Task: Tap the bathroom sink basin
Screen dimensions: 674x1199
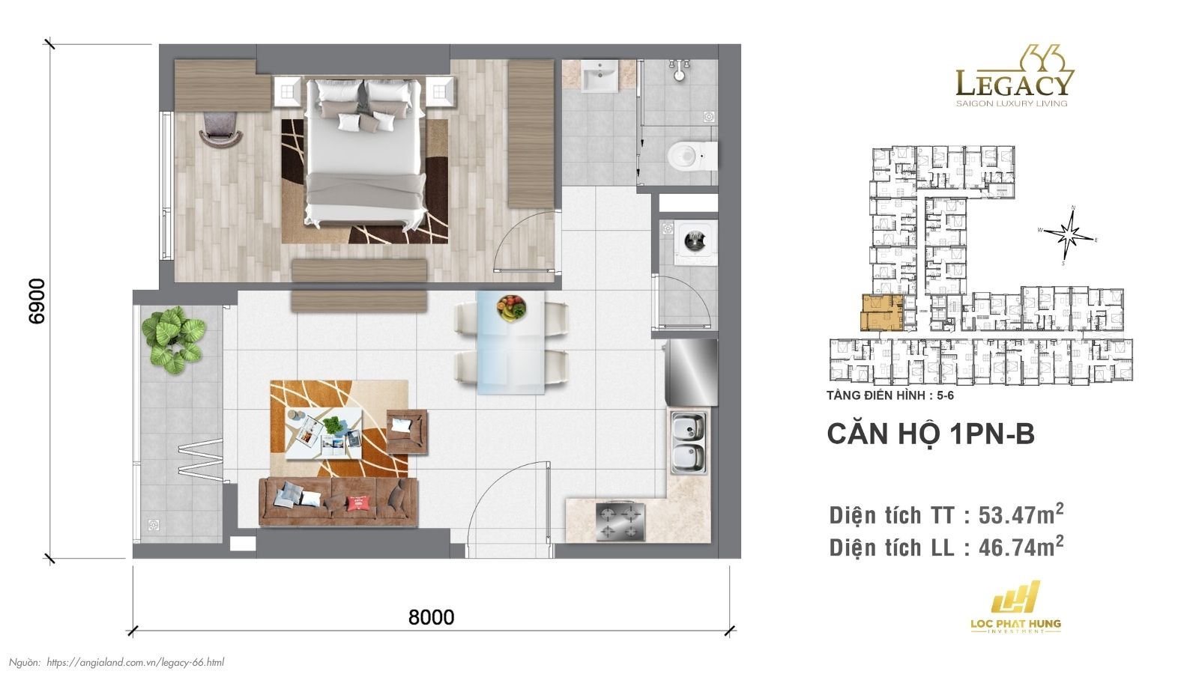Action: point(599,75)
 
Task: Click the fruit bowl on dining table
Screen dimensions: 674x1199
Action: point(511,307)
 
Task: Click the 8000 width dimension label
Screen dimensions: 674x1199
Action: point(431,617)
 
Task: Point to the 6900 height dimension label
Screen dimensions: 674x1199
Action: point(36,301)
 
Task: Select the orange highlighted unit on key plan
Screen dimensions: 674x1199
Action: point(881,313)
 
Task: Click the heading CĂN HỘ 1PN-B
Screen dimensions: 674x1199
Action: point(930,435)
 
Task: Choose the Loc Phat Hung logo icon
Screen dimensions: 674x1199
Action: point(1015,597)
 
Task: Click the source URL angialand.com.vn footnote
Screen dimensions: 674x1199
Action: point(135,662)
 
